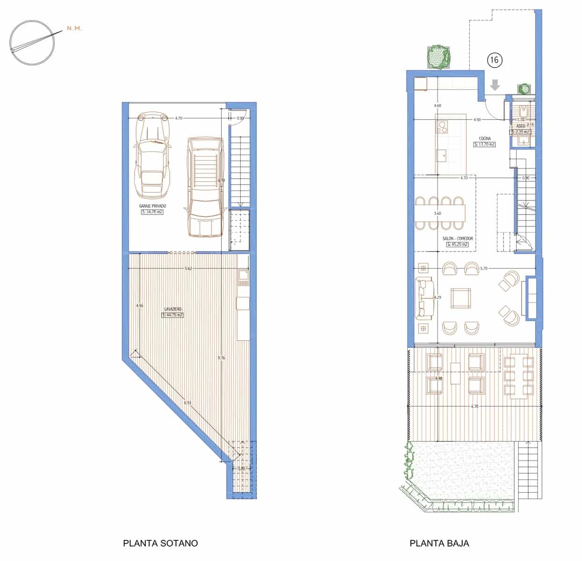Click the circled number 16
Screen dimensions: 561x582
click(x=495, y=60)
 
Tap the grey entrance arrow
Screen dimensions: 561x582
click(x=495, y=85)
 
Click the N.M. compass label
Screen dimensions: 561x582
click(x=74, y=29)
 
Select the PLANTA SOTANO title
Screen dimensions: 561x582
click(x=160, y=543)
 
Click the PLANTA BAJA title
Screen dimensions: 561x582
click(x=439, y=543)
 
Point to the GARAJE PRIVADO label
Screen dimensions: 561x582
click(x=152, y=206)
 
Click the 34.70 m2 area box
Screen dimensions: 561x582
click(x=152, y=212)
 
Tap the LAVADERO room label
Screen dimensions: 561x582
click(x=173, y=309)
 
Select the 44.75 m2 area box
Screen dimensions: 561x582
click(x=172, y=315)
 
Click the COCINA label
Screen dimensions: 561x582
click(x=484, y=139)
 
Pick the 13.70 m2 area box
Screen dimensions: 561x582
click(x=484, y=144)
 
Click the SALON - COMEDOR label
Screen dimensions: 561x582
click(x=458, y=238)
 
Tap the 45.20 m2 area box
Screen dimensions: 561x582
click(x=458, y=244)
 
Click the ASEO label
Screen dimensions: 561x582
click(x=520, y=126)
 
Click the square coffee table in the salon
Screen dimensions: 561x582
click(x=461, y=298)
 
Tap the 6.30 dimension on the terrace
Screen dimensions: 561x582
click(x=475, y=406)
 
